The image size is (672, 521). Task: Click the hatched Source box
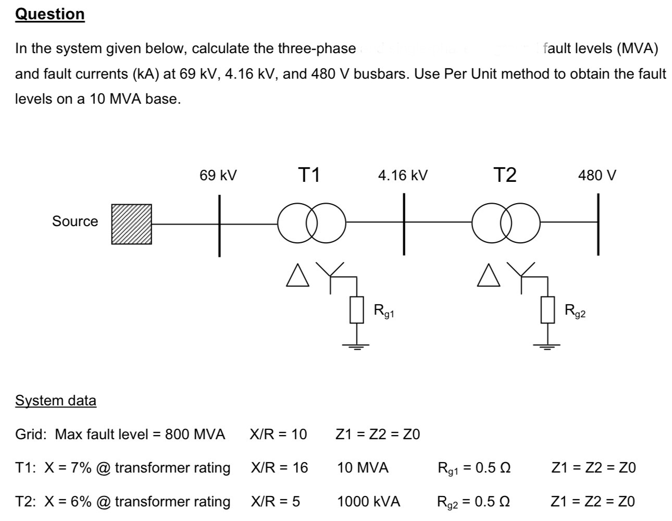[x=132, y=224]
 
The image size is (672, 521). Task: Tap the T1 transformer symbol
[x=312, y=224]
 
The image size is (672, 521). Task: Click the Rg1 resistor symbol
[x=356, y=310]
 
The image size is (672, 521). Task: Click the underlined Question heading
[x=50, y=14]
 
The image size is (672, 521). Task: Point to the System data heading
[x=56, y=401]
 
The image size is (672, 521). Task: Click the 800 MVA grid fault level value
[x=195, y=434]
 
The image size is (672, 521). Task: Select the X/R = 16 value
[x=279, y=467]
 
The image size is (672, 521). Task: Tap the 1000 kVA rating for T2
[x=369, y=501]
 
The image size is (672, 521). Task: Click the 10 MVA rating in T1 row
[x=363, y=467]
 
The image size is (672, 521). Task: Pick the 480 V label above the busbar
[x=597, y=176]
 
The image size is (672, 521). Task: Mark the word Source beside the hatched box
[x=75, y=221]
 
